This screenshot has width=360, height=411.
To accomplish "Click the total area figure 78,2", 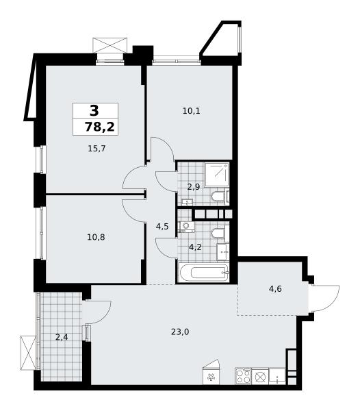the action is click(100, 127).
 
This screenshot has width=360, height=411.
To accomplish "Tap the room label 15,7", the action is click(97, 149).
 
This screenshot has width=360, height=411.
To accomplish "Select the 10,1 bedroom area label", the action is click(191, 111).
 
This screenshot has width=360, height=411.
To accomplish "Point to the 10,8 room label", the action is click(96, 237).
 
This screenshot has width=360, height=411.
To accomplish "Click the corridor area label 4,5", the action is click(162, 227).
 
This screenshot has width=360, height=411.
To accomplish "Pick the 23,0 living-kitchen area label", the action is click(180, 332).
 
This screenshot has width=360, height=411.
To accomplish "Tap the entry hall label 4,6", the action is click(275, 289).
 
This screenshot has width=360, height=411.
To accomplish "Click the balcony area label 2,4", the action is click(62, 337).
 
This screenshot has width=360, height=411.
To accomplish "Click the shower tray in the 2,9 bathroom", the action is click(217, 174).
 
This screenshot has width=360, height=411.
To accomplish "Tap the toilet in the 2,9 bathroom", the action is click(218, 195).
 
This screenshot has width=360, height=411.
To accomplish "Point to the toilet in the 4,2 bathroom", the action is click(218, 234).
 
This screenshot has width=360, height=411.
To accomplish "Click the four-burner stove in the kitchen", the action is click(243, 376).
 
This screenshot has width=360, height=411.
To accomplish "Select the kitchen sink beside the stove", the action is click(277, 376).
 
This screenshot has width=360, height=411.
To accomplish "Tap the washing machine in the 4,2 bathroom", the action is click(186, 227).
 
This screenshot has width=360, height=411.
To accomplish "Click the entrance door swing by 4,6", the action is click(324, 298).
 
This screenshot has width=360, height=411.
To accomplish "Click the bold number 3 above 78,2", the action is click(94, 110).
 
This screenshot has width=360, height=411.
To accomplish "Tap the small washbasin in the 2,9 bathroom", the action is click(187, 202).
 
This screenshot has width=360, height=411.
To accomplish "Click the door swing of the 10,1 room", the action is click(162, 149).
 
